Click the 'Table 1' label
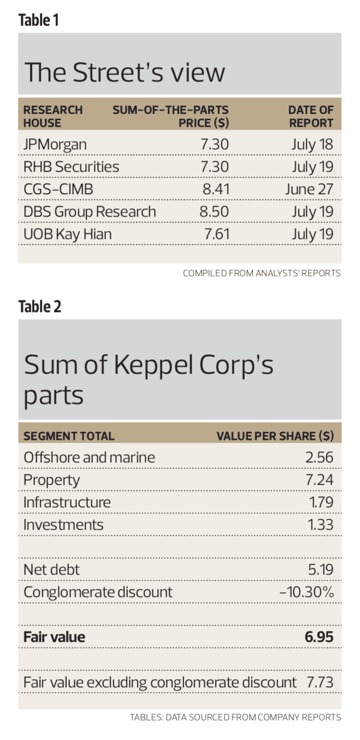(x=39, y=20)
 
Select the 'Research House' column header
(x=53, y=116)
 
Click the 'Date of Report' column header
(x=311, y=116)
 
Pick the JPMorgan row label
(x=55, y=144)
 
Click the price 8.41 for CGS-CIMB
(x=215, y=189)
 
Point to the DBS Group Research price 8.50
(x=214, y=211)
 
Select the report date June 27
(x=309, y=189)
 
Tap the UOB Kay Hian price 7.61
(x=216, y=234)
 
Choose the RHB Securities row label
(x=71, y=166)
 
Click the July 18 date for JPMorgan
(x=312, y=144)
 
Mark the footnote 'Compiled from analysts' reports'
(x=261, y=273)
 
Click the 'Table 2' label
(x=40, y=306)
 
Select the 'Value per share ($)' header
(x=275, y=436)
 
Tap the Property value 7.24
(x=319, y=480)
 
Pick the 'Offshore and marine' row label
(x=89, y=458)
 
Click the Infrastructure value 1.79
(x=320, y=503)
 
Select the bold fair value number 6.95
(x=319, y=637)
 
